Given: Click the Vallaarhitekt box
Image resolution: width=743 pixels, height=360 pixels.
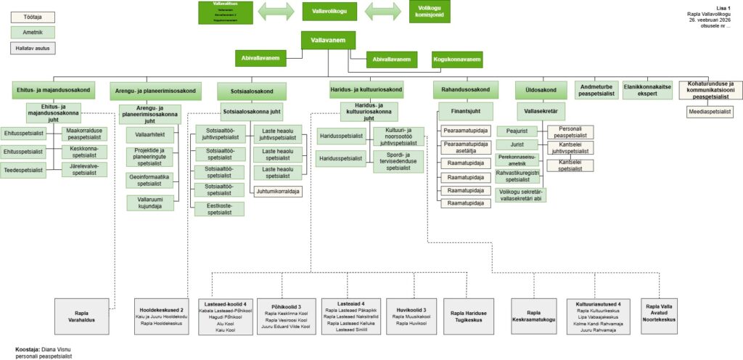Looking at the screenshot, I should (149, 135).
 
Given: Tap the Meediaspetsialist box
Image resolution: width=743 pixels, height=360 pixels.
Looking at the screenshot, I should (710, 111).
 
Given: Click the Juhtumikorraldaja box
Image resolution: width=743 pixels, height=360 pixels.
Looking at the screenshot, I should (279, 191).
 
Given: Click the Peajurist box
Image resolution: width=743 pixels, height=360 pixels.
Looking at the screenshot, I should (516, 131).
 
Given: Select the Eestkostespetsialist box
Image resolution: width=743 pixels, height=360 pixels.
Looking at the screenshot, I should (218, 209).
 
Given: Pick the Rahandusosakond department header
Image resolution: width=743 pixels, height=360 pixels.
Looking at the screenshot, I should (465, 90).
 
